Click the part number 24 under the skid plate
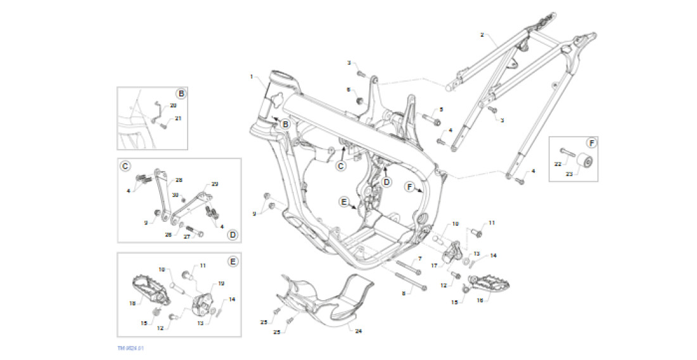(x=359, y=331)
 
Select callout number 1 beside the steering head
(x=252, y=77)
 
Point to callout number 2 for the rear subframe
(x=482, y=35)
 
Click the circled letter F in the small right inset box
(x=591, y=142)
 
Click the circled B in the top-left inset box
(x=181, y=94)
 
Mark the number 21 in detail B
(x=178, y=119)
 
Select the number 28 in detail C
(x=179, y=180)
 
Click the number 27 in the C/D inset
(x=187, y=236)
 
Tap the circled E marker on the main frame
(x=344, y=202)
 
